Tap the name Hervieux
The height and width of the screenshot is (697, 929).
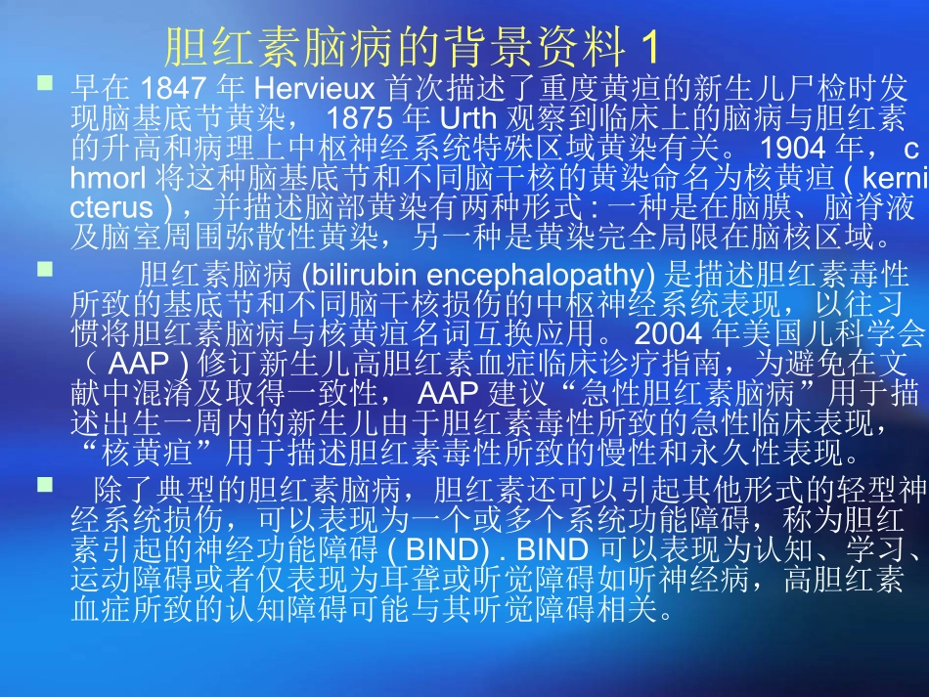(305, 89)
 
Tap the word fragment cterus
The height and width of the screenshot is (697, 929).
(112, 209)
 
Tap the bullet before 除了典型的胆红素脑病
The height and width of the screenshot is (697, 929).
(44, 482)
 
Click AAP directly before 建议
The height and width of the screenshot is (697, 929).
(449, 393)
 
